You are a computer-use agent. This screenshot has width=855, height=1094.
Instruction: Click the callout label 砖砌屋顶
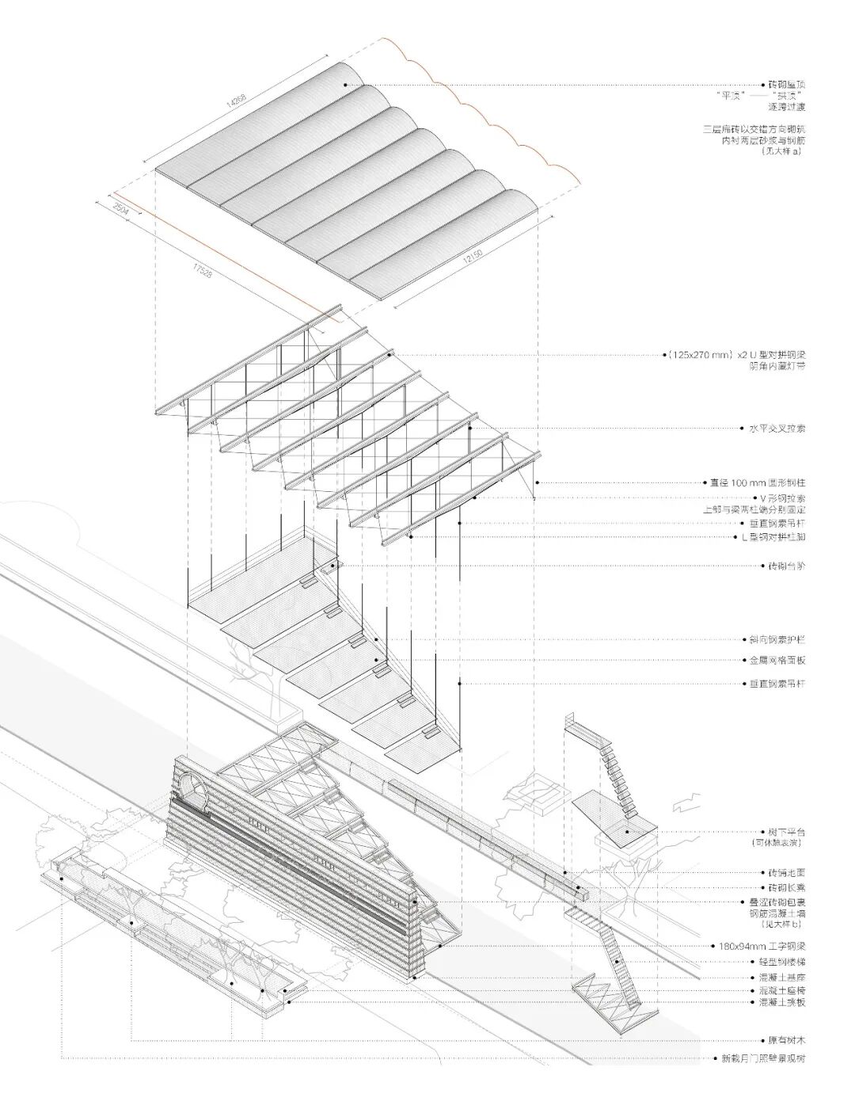pyautogui.click(x=786, y=84)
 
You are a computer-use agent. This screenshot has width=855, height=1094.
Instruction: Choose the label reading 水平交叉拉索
pyautogui.click(x=777, y=429)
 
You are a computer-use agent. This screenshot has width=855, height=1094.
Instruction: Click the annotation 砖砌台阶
pyautogui.click(x=786, y=566)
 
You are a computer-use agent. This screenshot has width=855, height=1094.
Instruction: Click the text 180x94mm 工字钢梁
pyautogui.click(x=762, y=946)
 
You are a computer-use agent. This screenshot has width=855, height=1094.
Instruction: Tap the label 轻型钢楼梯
pyautogui.click(x=781, y=962)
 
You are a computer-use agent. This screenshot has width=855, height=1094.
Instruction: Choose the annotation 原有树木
pyautogui.click(x=786, y=1040)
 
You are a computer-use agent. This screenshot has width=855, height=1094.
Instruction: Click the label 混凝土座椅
pyautogui.click(x=781, y=991)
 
